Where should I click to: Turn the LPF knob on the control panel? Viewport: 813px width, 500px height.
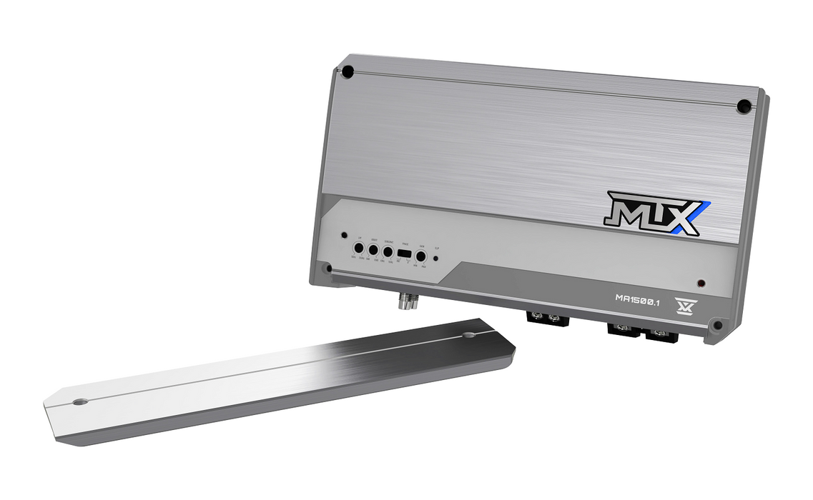tap(358, 250)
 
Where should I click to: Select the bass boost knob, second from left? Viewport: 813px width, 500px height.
tap(373, 251)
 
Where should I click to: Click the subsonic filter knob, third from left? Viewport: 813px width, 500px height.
tap(388, 251)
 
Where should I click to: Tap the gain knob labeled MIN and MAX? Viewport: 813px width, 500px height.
tap(421, 254)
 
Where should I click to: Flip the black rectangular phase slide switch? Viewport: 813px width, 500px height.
tap(403, 254)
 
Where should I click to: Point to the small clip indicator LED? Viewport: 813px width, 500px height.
tap(436, 259)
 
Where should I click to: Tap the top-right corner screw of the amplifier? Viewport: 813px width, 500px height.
tap(744, 106)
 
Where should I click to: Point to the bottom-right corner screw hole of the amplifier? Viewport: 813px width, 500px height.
tap(717, 326)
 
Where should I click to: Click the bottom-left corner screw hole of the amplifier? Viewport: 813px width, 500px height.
tap(326, 269)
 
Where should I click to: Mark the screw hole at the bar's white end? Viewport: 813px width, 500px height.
tap(79, 402)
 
